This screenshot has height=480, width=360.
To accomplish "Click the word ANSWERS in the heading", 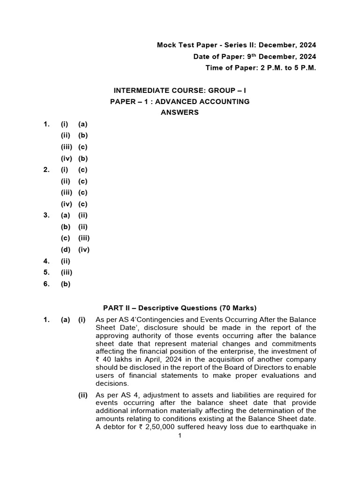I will tap(180, 112).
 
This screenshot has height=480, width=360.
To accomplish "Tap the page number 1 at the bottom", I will tap(180, 436).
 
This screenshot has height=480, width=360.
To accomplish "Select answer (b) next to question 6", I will tap(66, 284).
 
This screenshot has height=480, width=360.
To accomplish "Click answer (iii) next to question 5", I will tap(66, 272).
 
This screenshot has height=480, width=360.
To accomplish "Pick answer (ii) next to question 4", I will tap(65, 261).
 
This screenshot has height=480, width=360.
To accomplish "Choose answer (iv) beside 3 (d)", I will tap(84, 249).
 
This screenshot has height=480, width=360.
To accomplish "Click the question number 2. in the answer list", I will tap(46, 170).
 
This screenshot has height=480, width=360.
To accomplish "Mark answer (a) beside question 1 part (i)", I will tap(83, 124).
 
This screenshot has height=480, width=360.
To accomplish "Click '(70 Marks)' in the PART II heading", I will tap(238, 308).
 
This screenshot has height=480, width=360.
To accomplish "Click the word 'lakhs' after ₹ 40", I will tap(120, 360).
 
